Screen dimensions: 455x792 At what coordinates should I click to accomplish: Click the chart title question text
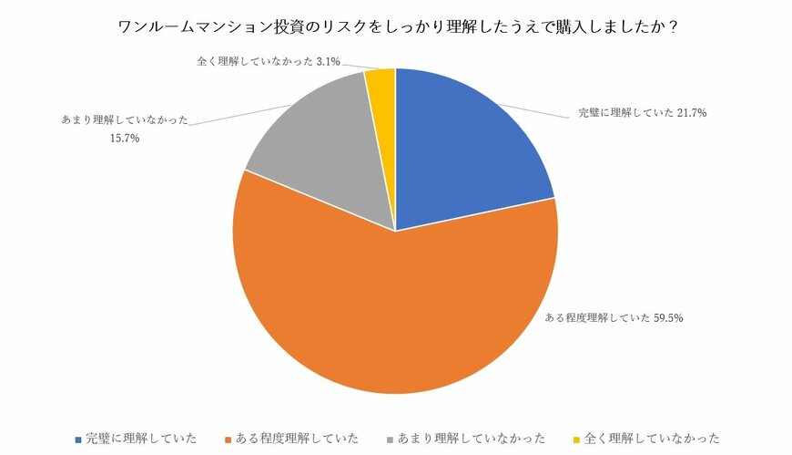point(397,26)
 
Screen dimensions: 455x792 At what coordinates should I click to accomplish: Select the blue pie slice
point(464,146)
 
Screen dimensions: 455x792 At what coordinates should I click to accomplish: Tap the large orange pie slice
point(391,310)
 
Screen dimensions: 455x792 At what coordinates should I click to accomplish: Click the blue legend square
point(78,439)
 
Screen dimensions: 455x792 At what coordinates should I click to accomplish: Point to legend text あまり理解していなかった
point(469,439)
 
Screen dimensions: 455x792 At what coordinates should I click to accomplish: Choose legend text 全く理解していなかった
point(646,439)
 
